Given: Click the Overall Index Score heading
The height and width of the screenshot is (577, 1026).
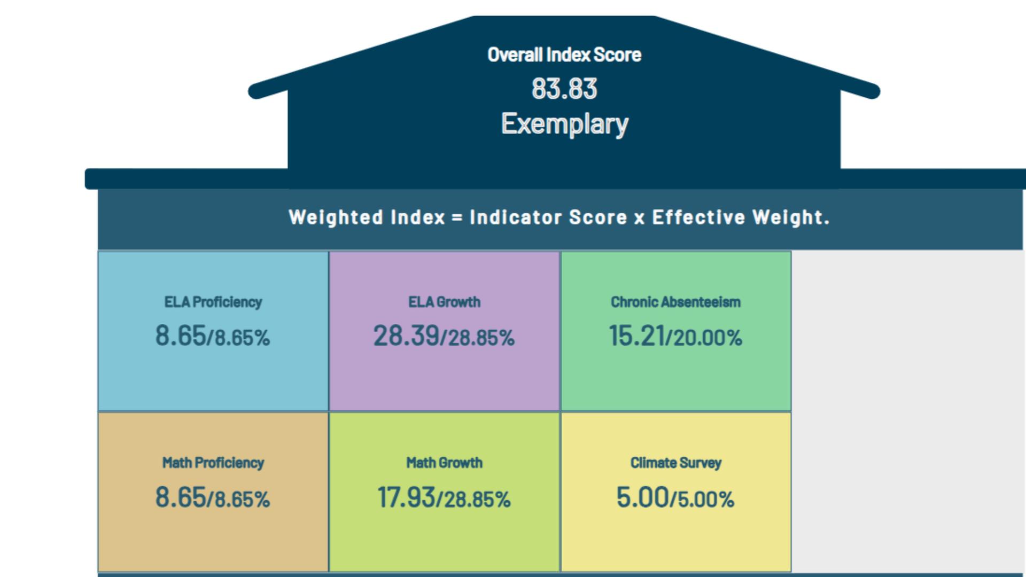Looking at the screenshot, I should point(564,54).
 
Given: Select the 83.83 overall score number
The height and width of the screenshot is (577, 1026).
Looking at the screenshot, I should point(564,89).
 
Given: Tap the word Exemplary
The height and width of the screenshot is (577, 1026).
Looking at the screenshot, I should point(564,124).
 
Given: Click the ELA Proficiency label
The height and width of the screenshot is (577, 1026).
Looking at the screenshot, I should point(213,302).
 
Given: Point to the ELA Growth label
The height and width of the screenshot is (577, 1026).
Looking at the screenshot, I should point(444,302).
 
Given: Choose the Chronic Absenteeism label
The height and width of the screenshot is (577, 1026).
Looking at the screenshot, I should point(675,302).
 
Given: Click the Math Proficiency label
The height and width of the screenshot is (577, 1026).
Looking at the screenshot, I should point(213,463).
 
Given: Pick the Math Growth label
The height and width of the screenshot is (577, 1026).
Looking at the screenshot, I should point(444,463).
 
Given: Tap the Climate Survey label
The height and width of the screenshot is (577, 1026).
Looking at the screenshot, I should point(675,463).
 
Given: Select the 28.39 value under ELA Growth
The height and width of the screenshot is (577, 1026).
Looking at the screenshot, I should point(406,336).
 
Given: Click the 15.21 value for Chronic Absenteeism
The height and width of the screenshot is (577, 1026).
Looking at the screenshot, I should point(636,336).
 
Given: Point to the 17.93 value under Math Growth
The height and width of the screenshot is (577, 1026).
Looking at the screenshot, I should point(406,497).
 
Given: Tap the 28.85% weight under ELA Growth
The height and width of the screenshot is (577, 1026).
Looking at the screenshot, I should point(481,338).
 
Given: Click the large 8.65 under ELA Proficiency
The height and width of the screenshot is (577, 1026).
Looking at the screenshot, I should point(180,336).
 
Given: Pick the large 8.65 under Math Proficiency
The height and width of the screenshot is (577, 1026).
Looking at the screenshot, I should point(180,497).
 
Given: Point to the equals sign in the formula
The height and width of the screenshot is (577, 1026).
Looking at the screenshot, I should point(457,218).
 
